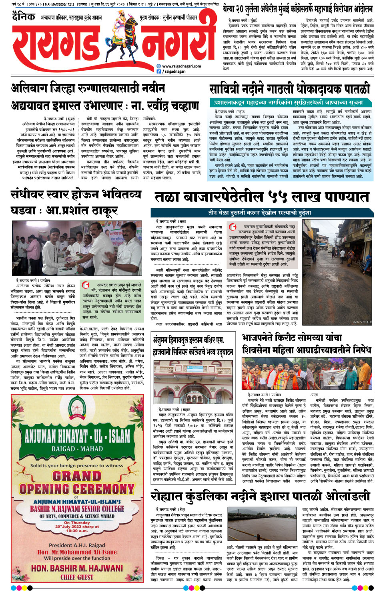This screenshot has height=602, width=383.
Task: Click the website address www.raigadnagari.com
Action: pyautogui.click(x=181, y=66)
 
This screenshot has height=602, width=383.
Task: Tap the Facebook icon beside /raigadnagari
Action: pyautogui.click(x=159, y=72)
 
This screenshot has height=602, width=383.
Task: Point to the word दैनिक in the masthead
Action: pyautogui.click(x=24, y=16)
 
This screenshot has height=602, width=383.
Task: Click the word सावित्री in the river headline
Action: pyautogui.click(x=231, y=89)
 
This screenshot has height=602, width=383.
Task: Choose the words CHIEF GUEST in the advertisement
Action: pyautogui.click(x=77, y=577)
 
